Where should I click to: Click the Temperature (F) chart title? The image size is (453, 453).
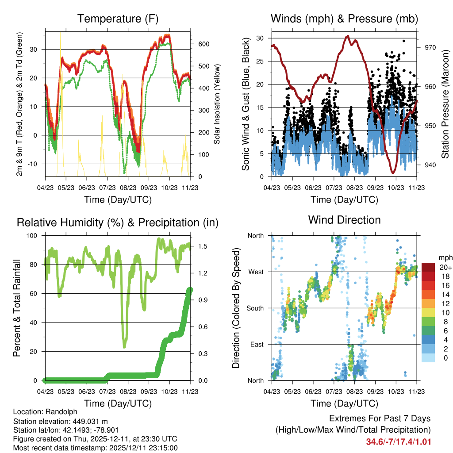[x=118, y=19]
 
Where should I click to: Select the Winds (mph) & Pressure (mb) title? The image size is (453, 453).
[x=344, y=19]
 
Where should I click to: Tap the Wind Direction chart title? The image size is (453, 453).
[x=344, y=220]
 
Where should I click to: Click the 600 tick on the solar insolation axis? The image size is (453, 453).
[x=203, y=44]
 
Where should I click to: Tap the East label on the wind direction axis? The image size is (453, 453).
[x=255, y=344]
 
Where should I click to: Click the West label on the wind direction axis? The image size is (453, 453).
[x=255, y=272]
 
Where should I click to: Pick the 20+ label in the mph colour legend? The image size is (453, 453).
[x=445, y=267]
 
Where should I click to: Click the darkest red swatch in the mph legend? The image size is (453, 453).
[x=428, y=267]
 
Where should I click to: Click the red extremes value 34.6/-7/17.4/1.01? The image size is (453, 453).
[x=399, y=441]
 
